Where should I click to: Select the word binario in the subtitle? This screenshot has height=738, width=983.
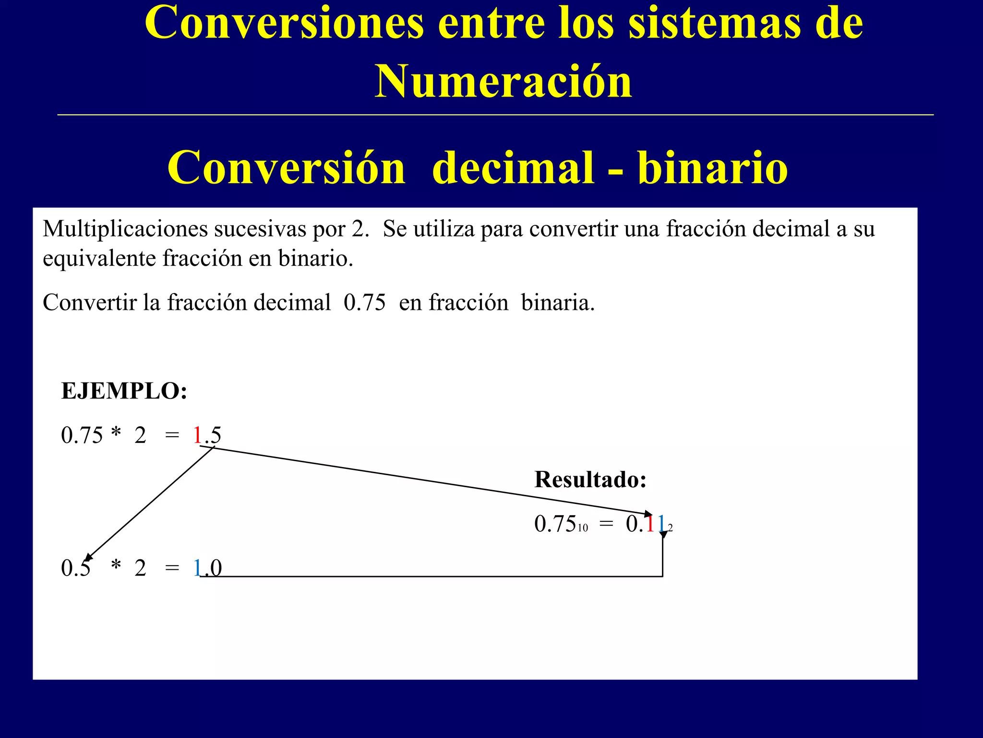(x=713, y=168)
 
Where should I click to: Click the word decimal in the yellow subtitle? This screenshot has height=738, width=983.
(x=513, y=168)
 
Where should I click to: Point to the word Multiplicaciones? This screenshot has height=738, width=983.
(x=125, y=229)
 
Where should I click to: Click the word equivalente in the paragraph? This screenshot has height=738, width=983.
(x=99, y=258)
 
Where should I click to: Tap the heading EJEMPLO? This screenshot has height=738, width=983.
(x=124, y=391)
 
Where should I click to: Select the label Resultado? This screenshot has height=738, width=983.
(x=590, y=480)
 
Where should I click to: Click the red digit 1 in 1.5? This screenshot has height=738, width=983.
(x=197, y=435)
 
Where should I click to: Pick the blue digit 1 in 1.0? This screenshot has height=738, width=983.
(x=197, y=568)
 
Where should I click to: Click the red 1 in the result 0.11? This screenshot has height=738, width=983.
(x=650, y=524)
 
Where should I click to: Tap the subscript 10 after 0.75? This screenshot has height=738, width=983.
(x=583, y=528)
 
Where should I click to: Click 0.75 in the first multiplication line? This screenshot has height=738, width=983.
(x=82, y=435)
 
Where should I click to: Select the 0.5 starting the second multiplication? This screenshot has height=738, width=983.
(x=76, y=568)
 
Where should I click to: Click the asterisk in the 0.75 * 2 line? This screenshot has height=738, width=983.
(x=116, y=433)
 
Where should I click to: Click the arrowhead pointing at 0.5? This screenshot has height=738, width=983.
(x=88, y=557)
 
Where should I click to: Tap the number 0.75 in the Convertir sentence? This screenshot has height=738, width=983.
(x=365, y=303)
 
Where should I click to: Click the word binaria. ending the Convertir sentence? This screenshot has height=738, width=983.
(x=558, y=303)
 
